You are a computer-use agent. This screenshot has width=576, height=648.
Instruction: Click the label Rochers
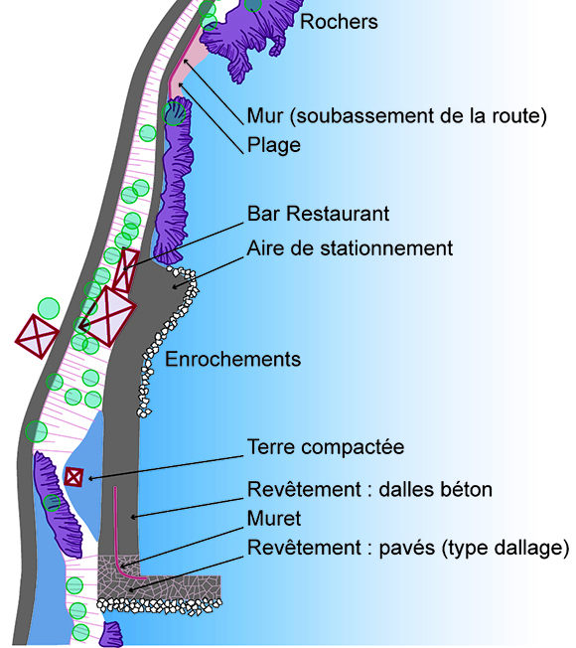click(x=339, y=22)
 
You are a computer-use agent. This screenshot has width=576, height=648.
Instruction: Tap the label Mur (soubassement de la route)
click(x=397, y=115)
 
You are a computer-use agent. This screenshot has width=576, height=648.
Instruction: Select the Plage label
click(x=274, y=145)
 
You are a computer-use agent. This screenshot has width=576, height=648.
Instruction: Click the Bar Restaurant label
click(x=318, y=214)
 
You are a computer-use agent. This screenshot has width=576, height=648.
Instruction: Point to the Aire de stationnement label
click(x=350, y=248)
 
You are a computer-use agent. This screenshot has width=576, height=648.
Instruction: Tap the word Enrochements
click(x=232, y=359)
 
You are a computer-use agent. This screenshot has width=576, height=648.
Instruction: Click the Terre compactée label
click(x=326, y=447)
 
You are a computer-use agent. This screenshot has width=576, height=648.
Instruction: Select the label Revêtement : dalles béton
click(x=369, y=489)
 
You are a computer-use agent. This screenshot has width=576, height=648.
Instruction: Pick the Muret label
click(x=274, y=519)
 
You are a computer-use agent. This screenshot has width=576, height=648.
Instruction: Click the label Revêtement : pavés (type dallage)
click(x=408, y=548)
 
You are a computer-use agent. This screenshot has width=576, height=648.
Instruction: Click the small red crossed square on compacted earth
click(x=73, y=477)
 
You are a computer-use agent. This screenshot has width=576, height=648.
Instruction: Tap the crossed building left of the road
click(x=37, y=336)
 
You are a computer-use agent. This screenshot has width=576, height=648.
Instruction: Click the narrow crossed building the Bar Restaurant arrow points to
click(x=125, y=270)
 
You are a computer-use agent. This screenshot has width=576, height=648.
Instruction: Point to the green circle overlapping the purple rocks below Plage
click(x=174, y=114)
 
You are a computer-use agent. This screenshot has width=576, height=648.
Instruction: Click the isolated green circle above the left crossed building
click(x=49, y=309)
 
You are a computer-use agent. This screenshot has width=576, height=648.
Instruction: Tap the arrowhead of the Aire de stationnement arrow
click(x=175, y=286)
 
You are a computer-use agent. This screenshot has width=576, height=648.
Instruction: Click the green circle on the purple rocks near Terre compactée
click(x=52, y=503)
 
